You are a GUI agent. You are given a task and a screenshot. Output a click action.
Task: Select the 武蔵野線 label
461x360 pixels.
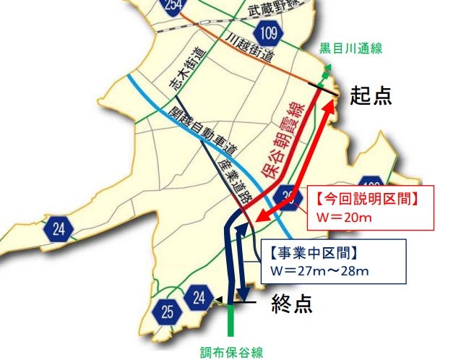[x=273, y=9]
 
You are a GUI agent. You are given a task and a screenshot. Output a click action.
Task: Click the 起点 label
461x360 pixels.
[x=372, y=95]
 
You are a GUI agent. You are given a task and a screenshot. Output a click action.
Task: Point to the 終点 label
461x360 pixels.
[x=292, y=304]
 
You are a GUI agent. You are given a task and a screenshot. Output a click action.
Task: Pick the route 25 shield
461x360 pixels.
[x=168, y=312]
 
